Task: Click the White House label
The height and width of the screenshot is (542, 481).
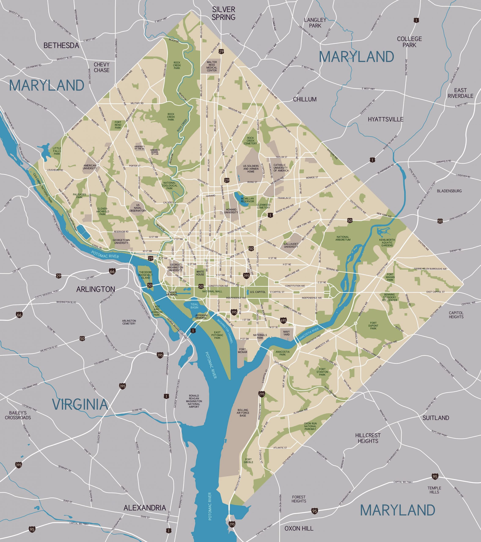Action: tap(200, 273)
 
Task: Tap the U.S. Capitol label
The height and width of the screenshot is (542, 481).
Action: tap(257, 292)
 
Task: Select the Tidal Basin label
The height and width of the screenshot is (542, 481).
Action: tap(194, 306)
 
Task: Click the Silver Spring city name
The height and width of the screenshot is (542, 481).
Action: tap(224, 13)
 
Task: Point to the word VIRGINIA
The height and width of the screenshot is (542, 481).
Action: tap(80, 404)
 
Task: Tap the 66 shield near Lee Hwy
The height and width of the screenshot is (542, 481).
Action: tap(112, 271)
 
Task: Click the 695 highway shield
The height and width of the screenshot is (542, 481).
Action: tap(283, 321)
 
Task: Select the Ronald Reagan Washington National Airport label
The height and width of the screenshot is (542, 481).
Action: tap(194, 401)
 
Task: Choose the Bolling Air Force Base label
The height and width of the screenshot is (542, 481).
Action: tap(243, 413)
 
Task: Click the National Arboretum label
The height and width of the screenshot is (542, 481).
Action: tap(343, 238)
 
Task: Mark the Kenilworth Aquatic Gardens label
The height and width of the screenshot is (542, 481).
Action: tap(387, 242)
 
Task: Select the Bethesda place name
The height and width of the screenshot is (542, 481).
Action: tap(61, 45)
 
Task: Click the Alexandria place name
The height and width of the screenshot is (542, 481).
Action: tap(145, 507)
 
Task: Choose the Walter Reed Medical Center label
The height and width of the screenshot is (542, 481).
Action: tap(212, 66)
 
